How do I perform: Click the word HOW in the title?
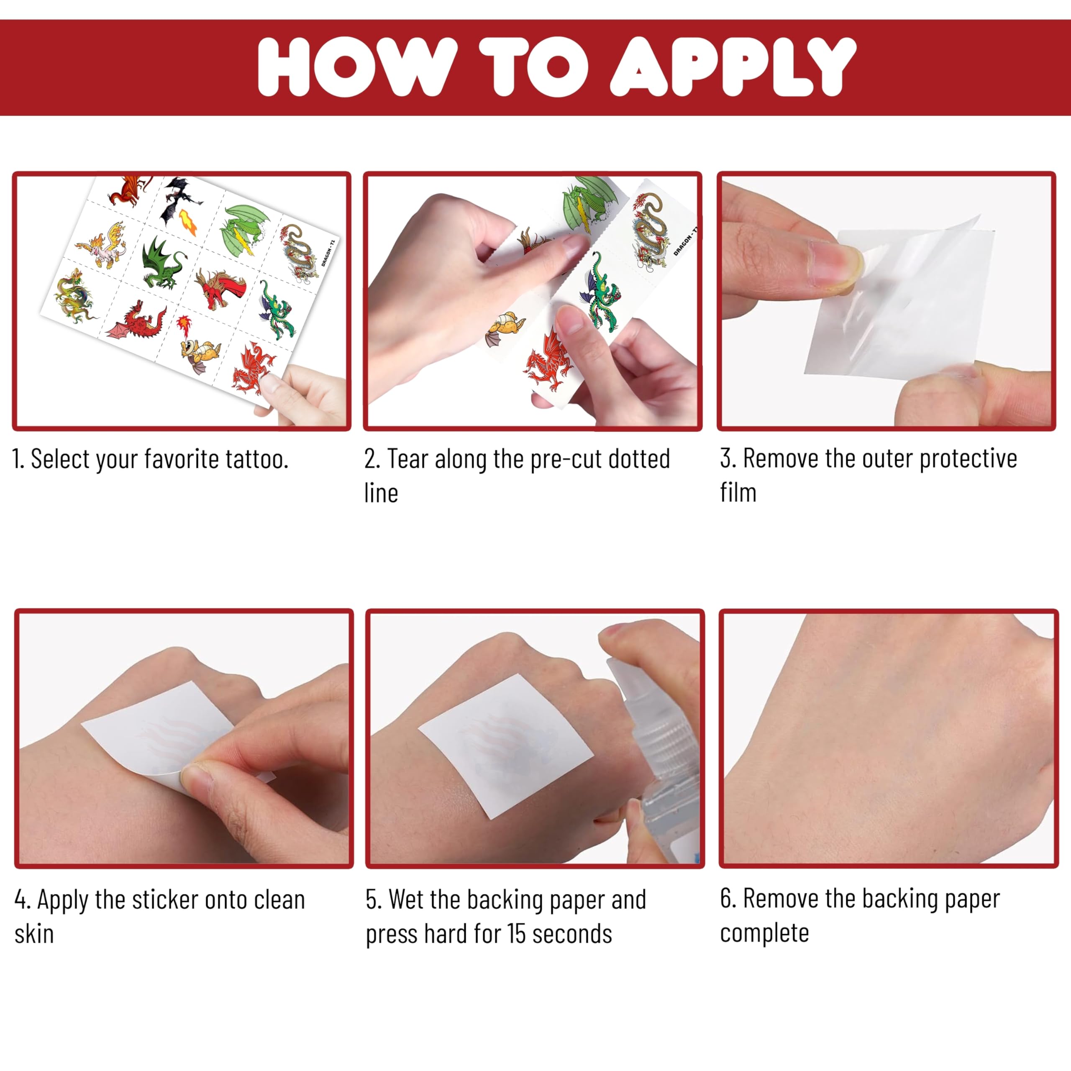[358, 67]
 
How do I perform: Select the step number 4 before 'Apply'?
[22, 900]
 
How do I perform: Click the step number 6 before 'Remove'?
[727, 899]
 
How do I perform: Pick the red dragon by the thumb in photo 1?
[252, 367]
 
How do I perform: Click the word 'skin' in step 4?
[34, 935]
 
